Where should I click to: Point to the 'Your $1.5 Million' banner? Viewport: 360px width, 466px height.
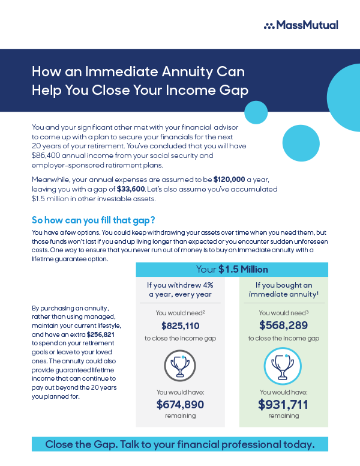pyautogui.click(x=232, y=270)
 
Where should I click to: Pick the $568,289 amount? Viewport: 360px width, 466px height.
pyautogui.click(x=283, y=325)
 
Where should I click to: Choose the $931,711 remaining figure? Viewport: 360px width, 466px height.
pyautogui.click(x=283, y=404)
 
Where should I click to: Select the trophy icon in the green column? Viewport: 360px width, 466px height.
pyautogui.click(x=283, y=365)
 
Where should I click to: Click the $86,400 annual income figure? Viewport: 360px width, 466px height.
pyautogui.click(x=47, y=156)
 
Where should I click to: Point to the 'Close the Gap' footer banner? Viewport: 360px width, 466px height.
pyautogui.click(x=180, y=445)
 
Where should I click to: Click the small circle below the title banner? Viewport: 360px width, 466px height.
pyautogui.click(x=256, y=112)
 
